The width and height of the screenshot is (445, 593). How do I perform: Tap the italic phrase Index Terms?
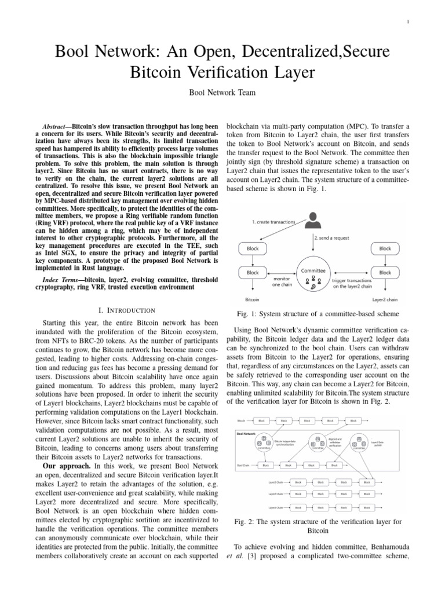[x=60, y=280]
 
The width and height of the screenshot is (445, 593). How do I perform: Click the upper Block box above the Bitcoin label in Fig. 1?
[x=253, y=248]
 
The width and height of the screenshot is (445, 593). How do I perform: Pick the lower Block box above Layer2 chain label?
[x=385, y=272]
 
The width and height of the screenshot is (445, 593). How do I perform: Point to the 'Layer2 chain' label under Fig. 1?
[x=385, y=300]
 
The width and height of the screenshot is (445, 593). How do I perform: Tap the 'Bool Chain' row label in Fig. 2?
[x=243, y=464]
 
